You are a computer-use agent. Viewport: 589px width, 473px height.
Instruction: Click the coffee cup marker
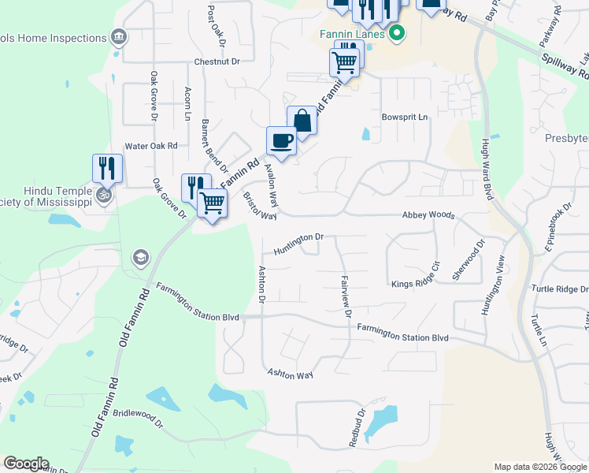[x=281, y=141]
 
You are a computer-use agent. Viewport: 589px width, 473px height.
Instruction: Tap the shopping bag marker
[x=302, y=121]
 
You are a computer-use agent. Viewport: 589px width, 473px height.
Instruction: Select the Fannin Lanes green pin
[x=397, y=33]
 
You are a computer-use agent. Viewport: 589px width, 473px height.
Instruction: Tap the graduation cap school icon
[x=140, y=257]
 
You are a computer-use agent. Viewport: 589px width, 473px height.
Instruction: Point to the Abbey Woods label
[x=428, y=214]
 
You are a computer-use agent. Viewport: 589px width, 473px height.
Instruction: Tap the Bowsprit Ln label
[x=405, y=117]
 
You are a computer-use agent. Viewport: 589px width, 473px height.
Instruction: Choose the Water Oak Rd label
[x=151, y=146]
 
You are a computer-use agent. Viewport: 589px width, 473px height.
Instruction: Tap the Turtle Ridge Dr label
[x=559, y=289]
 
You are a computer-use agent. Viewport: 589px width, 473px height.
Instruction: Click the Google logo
[x=25, y=464]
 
